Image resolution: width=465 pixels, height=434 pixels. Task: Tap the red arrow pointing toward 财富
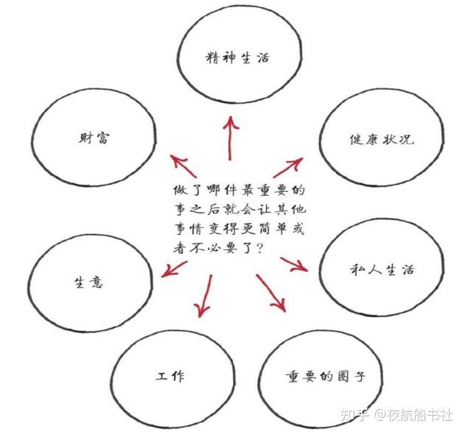pos(182,164)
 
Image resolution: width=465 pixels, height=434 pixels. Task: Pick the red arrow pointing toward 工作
pos(203,295)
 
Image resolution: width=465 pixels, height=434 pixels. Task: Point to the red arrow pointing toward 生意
pos(174,269)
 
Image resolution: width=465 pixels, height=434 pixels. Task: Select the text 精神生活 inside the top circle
pos(237,57)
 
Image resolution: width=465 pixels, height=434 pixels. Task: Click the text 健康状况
pos(382,139)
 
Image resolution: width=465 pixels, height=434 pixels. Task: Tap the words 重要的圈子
pos(324,377)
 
